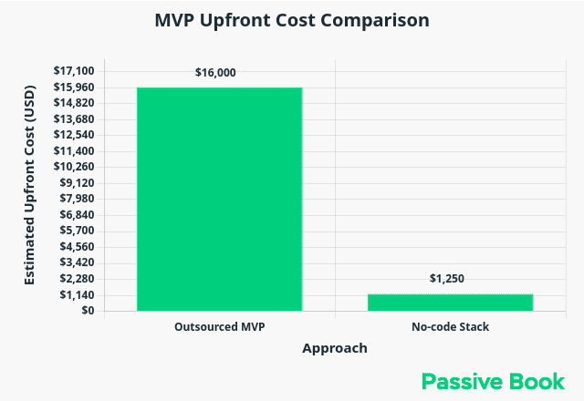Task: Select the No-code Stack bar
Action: [x=450, y=303]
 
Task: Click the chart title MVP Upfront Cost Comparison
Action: [x=292, y=20]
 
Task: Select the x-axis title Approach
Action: [x=335, y=348]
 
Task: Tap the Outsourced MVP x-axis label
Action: [x=219, y=326]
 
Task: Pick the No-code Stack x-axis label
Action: [x=450, y=326]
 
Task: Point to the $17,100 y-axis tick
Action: [x=74, y=71]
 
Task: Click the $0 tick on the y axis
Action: [x=88, y=311]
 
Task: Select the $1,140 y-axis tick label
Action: [x=78, y=295]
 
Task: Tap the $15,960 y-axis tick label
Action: [x=74, y=87]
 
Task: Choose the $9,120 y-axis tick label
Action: [x=78, y=183]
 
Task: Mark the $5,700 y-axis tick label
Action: [x=78, y=231]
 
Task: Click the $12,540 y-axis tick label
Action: [x=74, y=135]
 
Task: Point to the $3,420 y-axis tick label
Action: [x=78, y=262]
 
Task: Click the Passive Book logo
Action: [x=493, y=381]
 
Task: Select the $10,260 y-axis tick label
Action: [x=74, y=167]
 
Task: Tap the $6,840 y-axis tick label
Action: [x=78, y=215]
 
